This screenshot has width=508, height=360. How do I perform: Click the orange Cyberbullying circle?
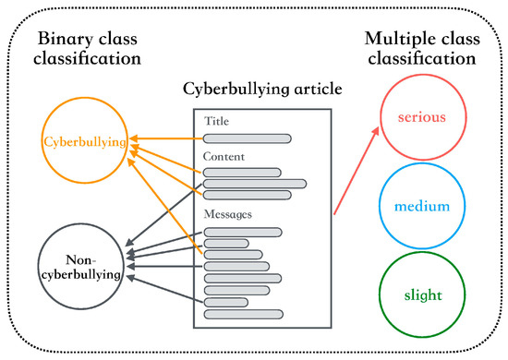[x=85, y=142]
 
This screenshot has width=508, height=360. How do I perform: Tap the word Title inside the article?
[x=217, y=121]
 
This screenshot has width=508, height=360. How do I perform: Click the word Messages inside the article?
[x=228, y=214]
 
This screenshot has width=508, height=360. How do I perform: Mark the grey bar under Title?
[x=247, y=138]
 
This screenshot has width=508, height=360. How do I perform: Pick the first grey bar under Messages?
[x=242, y=232]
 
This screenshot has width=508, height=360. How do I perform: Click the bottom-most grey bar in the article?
[x=236, y=313]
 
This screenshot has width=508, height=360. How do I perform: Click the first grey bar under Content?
[x=242, y=172]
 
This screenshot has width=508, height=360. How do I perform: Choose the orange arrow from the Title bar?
[x=166, y=138]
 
